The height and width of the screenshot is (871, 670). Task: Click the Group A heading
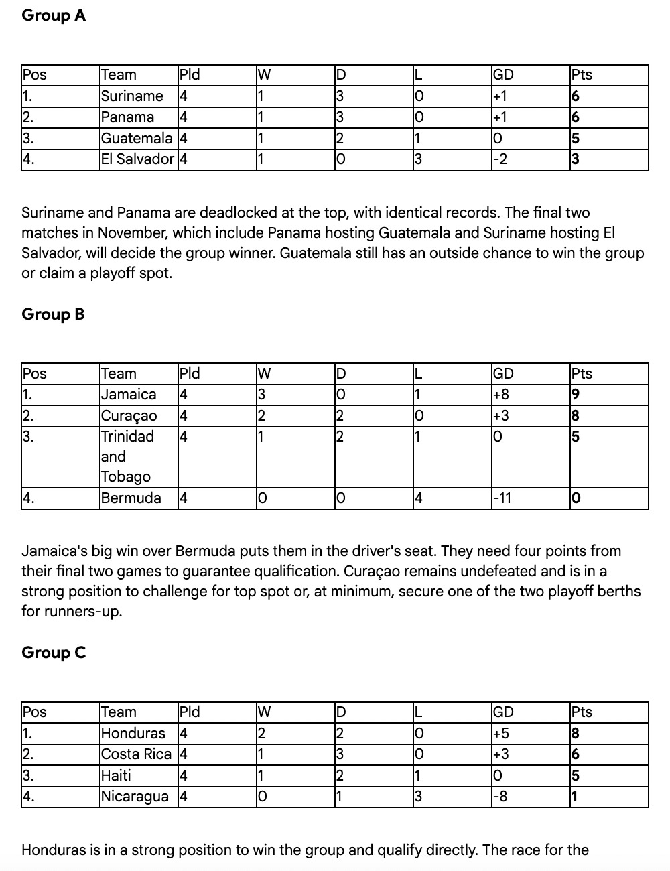pos(54,15)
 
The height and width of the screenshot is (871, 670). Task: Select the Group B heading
pos(53,314)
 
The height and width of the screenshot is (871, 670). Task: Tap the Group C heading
pos(54,653)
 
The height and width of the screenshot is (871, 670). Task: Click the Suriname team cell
pos(132,96)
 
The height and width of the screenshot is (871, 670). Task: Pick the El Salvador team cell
pos(137,159)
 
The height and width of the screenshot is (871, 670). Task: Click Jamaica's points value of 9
pos(576,395)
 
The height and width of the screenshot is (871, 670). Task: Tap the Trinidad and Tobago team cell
pos(127,456)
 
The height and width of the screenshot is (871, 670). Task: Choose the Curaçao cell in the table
pos(129,416)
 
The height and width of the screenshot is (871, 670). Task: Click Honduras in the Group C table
pos(133,733)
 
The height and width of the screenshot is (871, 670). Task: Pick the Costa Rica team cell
pos(136,754)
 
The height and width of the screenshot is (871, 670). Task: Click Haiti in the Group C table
pos(116,776)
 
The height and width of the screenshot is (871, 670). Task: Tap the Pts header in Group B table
pos(582,374)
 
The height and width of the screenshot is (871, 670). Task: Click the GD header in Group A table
pos(503,75)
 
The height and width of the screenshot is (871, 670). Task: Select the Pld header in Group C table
pos(190,712)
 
